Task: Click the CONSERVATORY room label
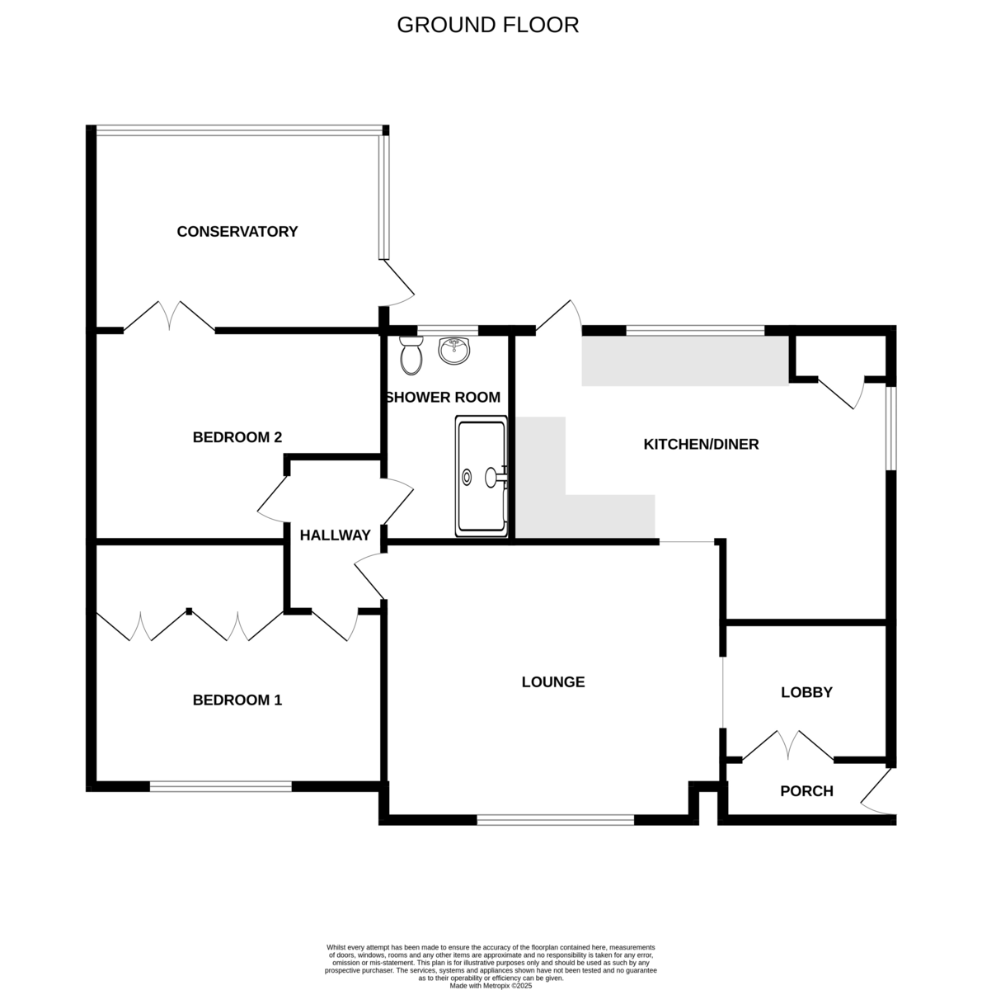coord(237,231)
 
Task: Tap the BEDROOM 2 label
coord(237,437)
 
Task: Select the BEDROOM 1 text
coord(237,700)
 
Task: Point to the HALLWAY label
coord(335,535)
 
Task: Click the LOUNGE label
coord(552,681)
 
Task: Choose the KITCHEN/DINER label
coord(701,444)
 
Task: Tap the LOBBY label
coord(806,692)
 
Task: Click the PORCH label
coord(806,790)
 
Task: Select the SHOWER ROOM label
coord(443,397)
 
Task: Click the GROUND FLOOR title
coord(487,25)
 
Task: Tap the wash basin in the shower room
coord(454,351)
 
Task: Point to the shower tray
coord(481,476)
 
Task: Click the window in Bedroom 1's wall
coord(220,786)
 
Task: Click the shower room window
coord(448,330)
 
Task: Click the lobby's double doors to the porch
coord(787,745)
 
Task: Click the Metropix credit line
coord(491,986)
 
